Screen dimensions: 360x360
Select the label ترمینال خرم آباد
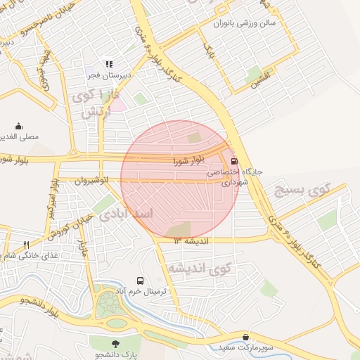pyautogui.click(x=140, y=291)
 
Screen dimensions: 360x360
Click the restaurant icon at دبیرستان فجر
pyautogui.click(x=109, y=64)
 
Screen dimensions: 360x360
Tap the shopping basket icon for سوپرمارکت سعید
pyautogui.click(x=245, y=337)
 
